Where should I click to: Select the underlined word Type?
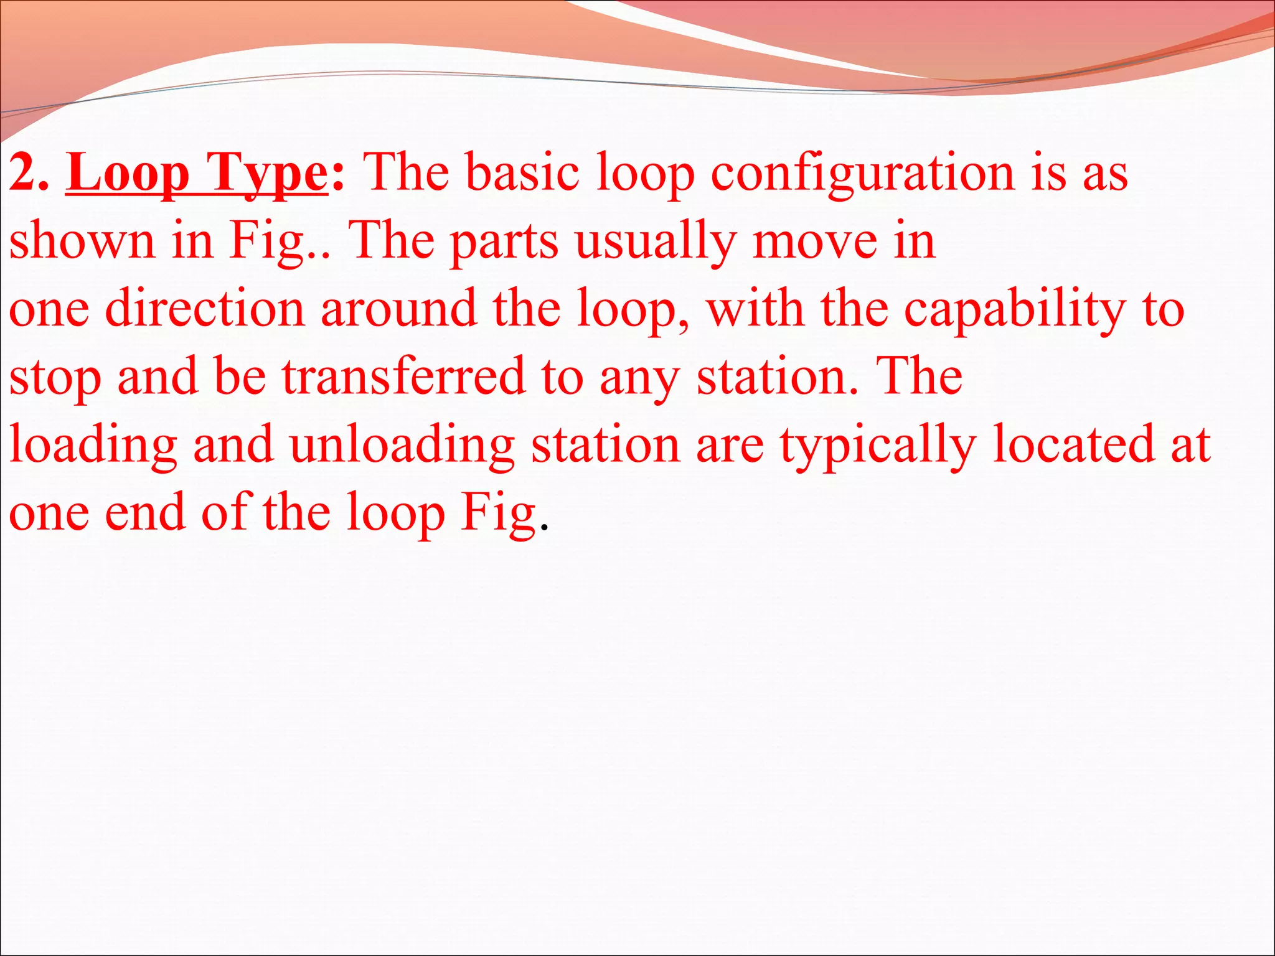click(x=266, y=173)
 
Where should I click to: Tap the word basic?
click(x=523, y=173)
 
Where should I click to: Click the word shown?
click(x=82, y=241)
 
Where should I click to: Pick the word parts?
click(x=504, y=241)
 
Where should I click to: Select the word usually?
click(x=656, y=241)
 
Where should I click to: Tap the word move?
click(x=813, y=241)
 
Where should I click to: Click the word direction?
click(x=205, y=309)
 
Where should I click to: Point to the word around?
click(x=398, y=309)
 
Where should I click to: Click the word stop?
click(x=55, y=377)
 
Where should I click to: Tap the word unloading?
click(x=402, y=445)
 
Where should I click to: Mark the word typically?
click(x=878, y=445)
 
